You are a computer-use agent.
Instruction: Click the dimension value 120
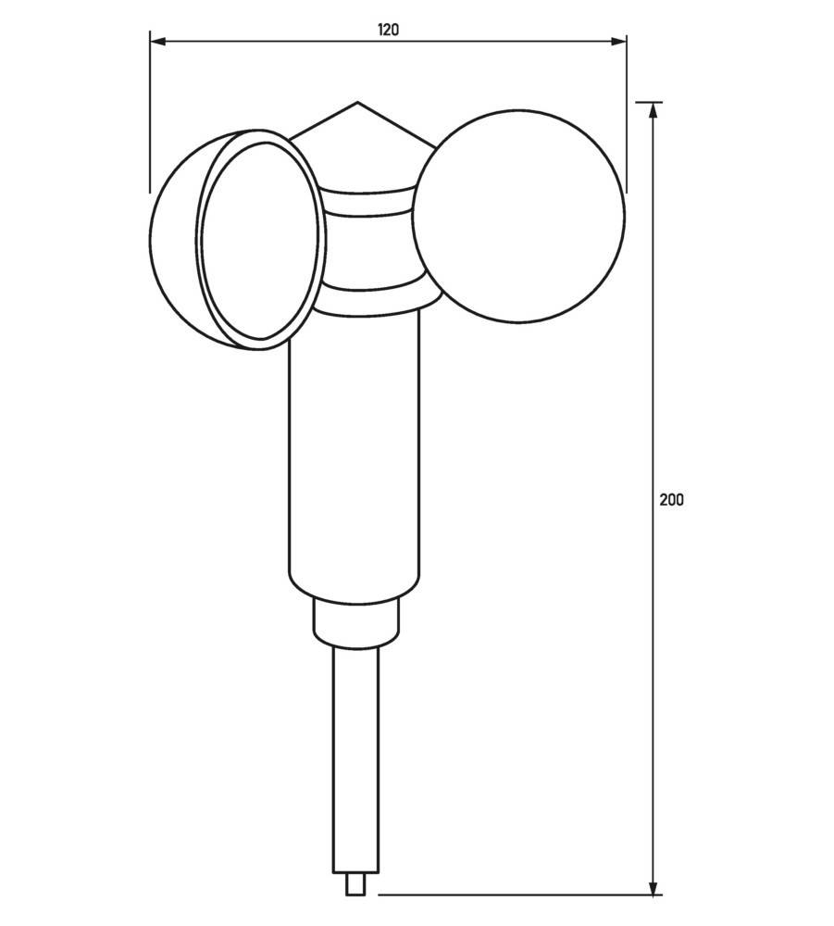tap(388, 30)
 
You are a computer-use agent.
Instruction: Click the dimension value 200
tap(671, 499)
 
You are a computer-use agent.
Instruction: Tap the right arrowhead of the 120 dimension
tap(619, 41)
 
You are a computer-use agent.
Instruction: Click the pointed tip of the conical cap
tap(357, 103)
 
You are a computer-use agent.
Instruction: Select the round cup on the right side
tap(518, 216)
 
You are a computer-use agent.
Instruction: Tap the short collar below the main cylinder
tap(356, 620)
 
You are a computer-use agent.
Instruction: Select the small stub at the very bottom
tap(355, 885)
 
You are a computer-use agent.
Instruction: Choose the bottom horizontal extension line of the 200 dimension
tap(518, 895)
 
